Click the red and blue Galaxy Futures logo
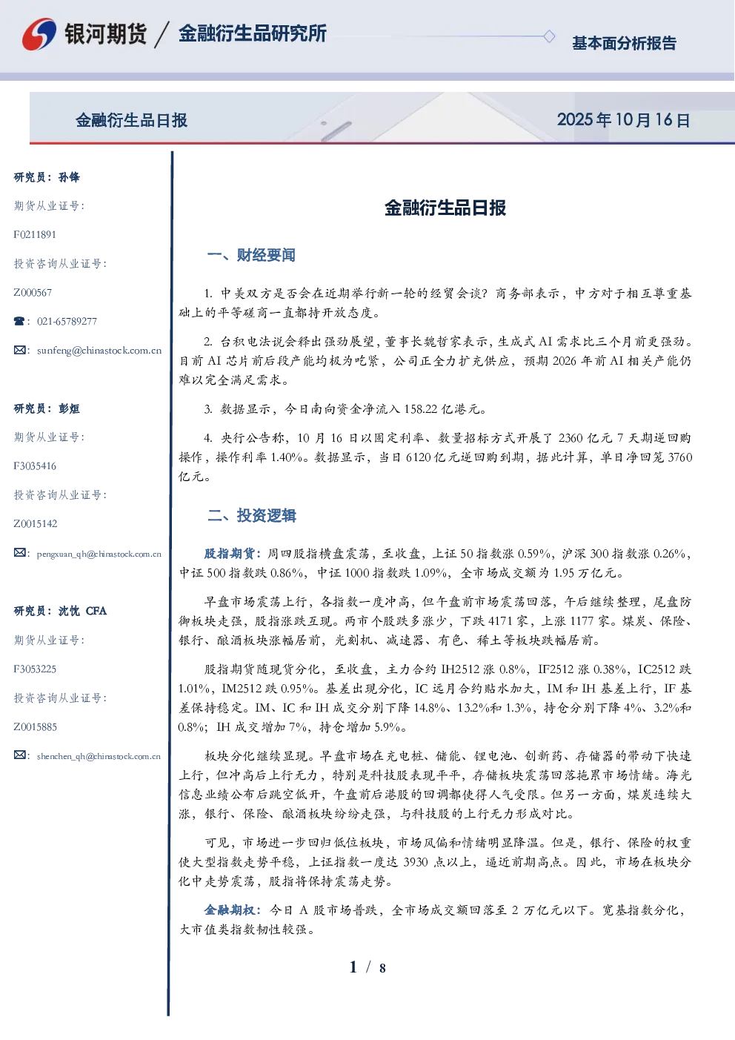coord(39,34)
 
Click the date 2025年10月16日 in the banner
coord(623,120)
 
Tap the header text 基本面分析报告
coord(624,43)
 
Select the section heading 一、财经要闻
coord(251,255)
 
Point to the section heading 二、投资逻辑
coord(251,515)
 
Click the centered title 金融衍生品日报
coord(445,208)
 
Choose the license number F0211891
coord(35,234)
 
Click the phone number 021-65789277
coord(67,321)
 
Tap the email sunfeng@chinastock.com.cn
coord(99,351)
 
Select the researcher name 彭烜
coord(69,408)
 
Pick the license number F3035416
coord(35,466)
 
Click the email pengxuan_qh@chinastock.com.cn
coord(99,554)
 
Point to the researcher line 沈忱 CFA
coord(82,611)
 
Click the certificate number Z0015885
coord(36,726)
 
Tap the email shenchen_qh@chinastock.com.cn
coord(99,756)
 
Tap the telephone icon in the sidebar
coord(19,321)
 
